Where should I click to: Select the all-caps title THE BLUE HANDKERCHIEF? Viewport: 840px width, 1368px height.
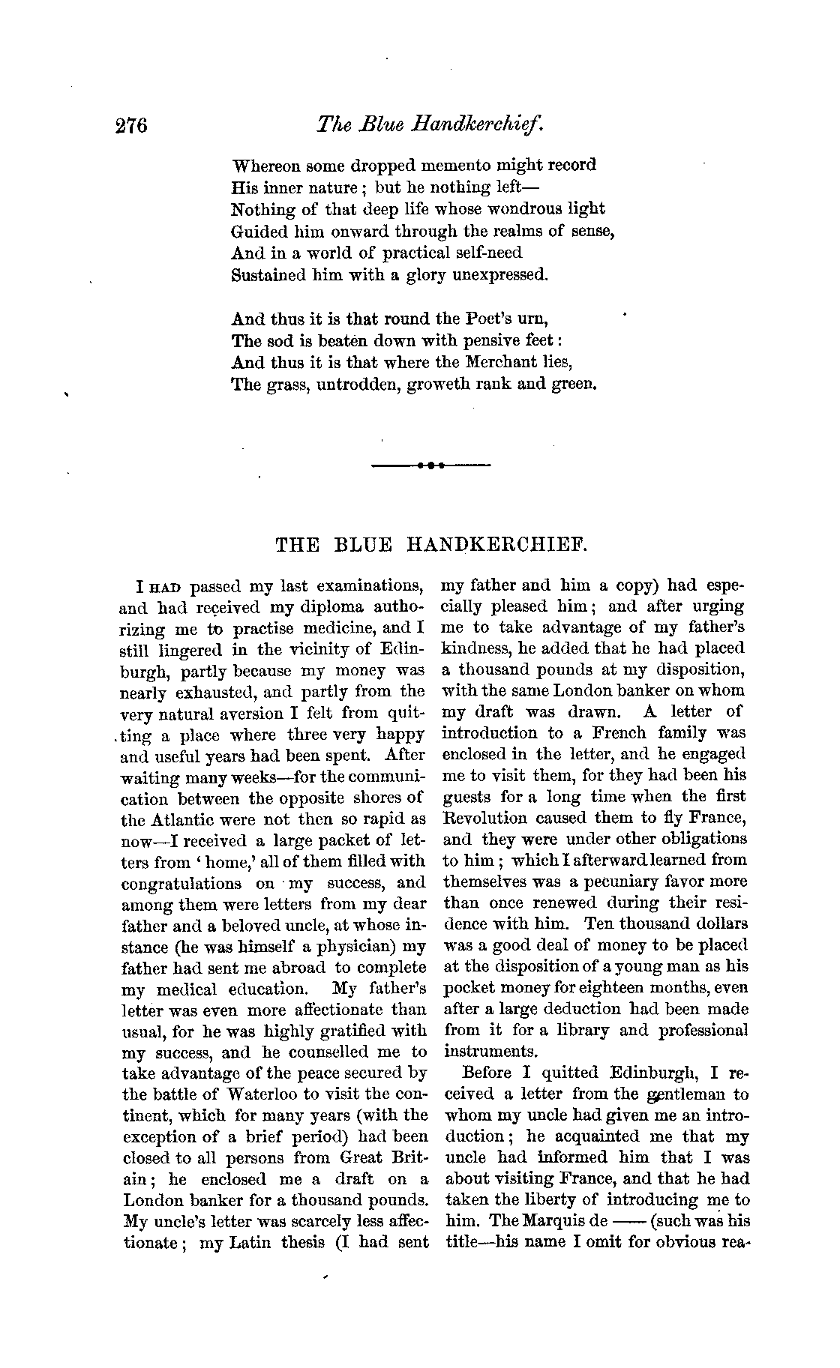point(431,545)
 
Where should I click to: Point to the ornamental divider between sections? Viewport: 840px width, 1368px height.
point(431,465)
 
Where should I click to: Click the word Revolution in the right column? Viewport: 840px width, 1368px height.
point(484,818)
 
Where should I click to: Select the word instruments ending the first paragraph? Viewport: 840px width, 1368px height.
point(490,1051)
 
